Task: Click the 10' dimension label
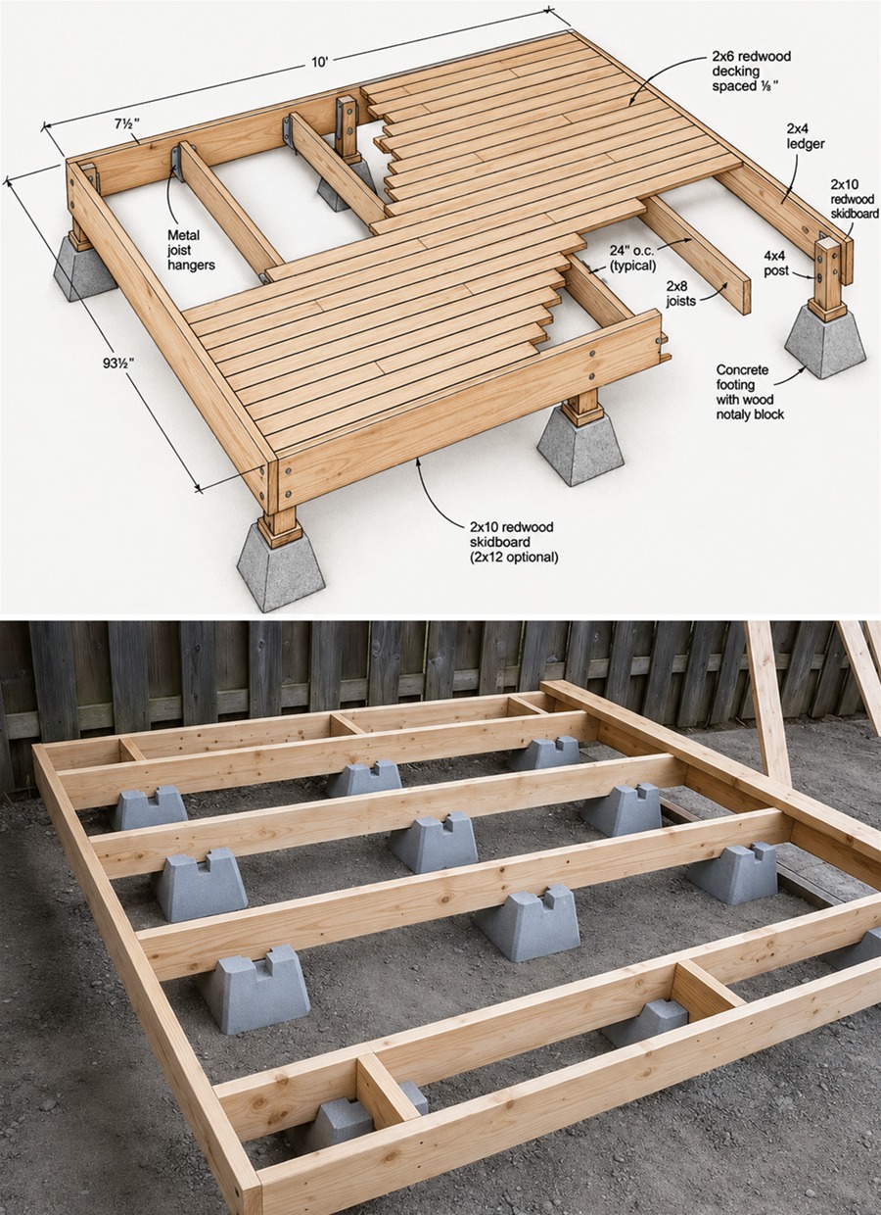[x=320, y=63]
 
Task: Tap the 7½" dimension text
[x=127, y=124]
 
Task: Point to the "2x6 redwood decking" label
[x=751, y=64]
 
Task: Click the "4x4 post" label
[x=776, y=263]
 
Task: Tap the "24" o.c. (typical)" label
[x=631, y=258]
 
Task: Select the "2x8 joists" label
[x=681, y=292]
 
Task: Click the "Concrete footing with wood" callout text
[x=750, y=384]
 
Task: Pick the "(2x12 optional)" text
[x=514, y=558]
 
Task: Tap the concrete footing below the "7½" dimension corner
[x=85, y=268]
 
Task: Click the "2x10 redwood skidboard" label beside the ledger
[x=855, y=199]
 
